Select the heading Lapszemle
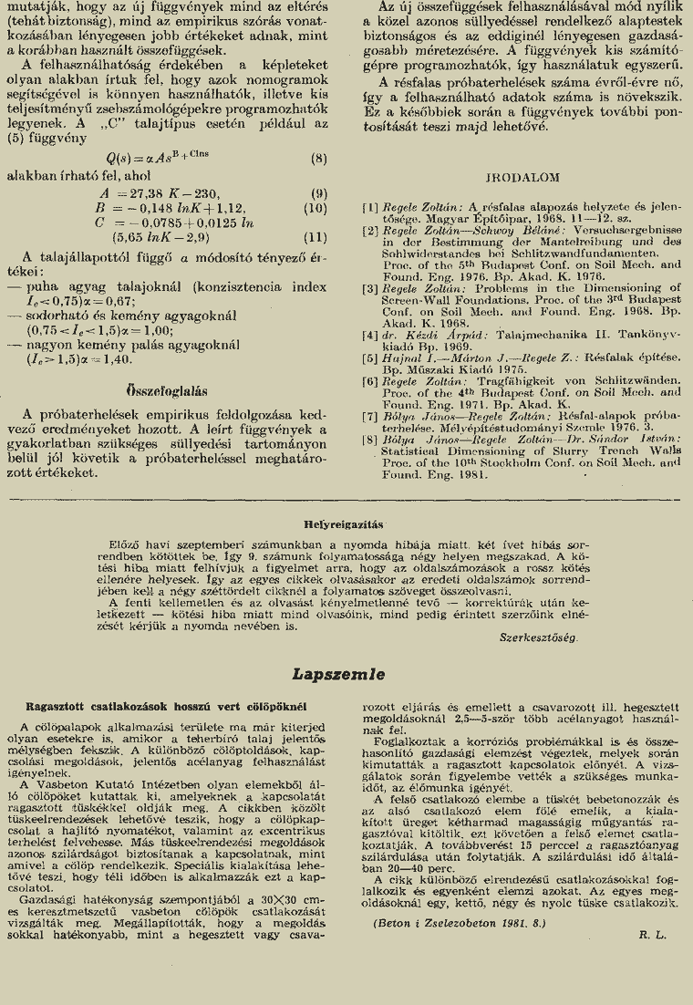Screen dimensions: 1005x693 coord(339,675)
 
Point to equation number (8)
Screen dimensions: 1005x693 coord(318,158)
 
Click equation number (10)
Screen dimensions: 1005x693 coord(315,208)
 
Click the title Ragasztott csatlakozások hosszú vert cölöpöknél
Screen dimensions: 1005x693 coord(165,707)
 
